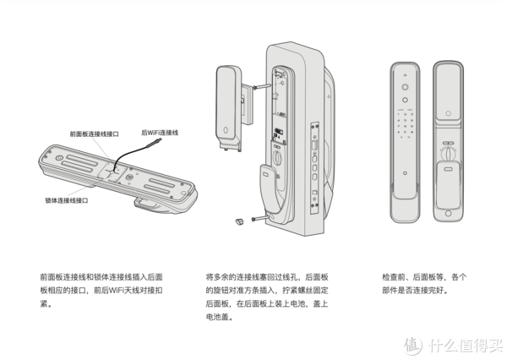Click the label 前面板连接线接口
click(95, 134)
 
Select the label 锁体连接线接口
click(66, 201)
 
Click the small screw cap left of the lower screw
click(239, 220)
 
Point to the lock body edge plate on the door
click(315, 165)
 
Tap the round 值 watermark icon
click(412, 345)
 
